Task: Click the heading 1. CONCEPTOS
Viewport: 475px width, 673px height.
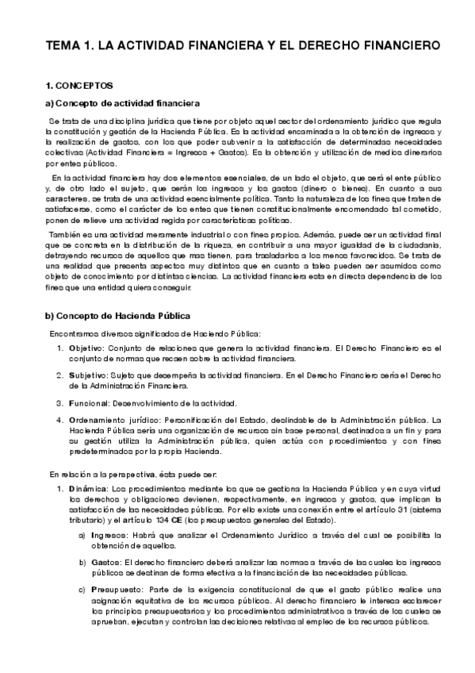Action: (79, 85)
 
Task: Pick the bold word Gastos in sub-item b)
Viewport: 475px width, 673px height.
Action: (105, 563)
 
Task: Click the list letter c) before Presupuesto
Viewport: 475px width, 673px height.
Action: (82, 590)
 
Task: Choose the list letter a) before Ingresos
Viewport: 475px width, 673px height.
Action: (82, 535)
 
